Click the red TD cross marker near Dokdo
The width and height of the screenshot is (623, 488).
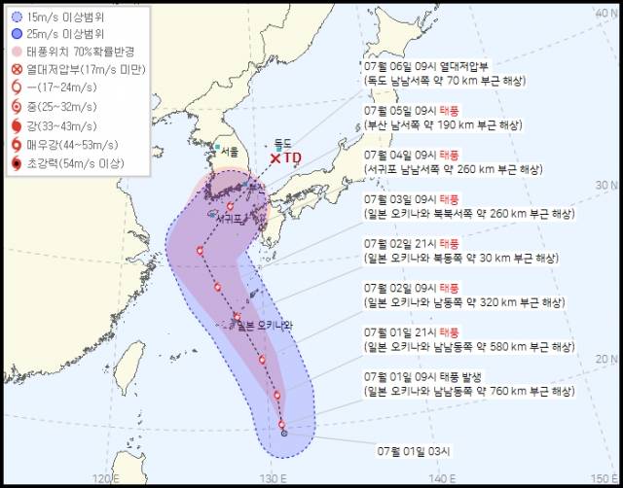point(275,157)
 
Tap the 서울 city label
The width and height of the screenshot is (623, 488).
point(228,153)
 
